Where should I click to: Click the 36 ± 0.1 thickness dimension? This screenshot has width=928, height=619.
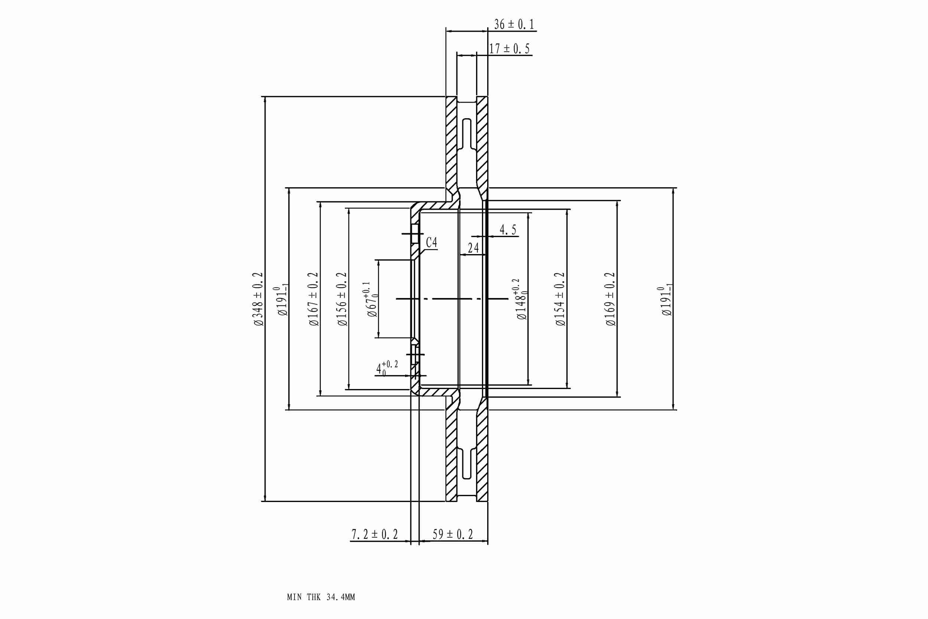(514, 25)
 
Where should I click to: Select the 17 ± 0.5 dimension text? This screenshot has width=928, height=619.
(509, 49)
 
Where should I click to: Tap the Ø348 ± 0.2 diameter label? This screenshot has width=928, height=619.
(258, 299)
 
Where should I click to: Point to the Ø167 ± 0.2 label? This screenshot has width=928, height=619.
(314, 299)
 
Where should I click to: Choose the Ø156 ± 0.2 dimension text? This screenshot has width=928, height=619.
(342, 299)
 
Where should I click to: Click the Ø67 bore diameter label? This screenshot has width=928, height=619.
(372, 300)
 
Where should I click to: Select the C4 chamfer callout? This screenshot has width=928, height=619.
(432, 242)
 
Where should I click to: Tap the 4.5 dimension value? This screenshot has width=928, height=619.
(508, 230)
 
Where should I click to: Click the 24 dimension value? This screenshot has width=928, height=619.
(473, 248)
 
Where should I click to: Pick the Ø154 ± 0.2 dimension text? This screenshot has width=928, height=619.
(560, 299)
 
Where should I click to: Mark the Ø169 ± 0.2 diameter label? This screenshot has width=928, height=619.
(610, 299)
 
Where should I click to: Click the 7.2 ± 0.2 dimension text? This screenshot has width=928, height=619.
(374, 535)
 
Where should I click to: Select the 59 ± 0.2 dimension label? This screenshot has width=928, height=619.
(453, 535)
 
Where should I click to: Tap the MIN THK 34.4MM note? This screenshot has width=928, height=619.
(321, 597)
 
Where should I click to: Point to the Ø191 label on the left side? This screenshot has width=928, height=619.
(283, 301)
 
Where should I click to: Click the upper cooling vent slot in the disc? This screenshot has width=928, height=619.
(467, 134)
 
